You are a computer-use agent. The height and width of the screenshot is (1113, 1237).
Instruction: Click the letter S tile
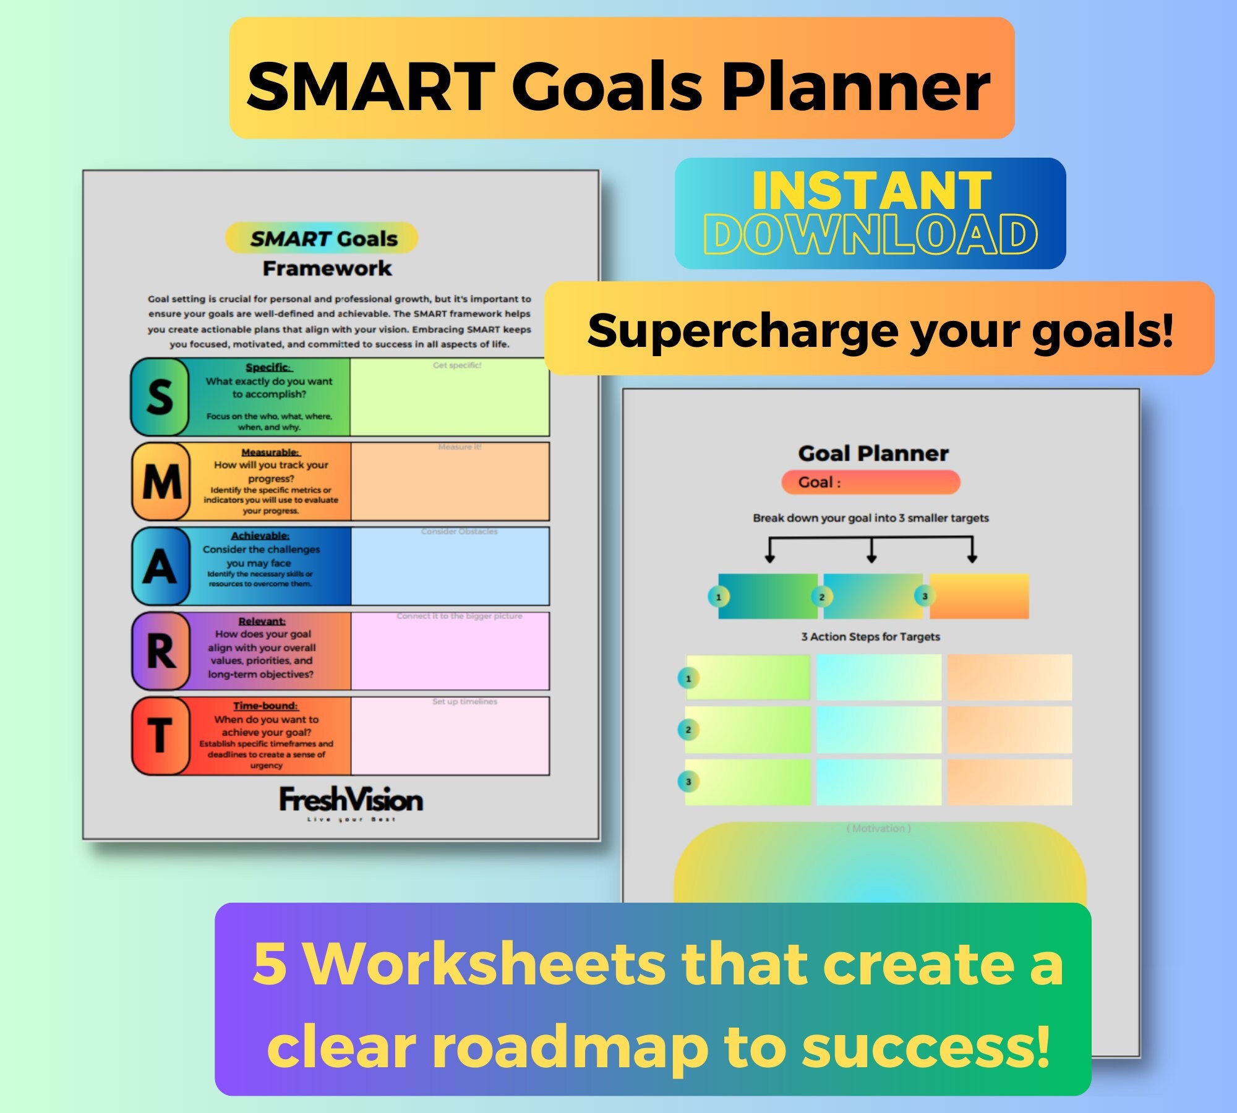tap(160, 397)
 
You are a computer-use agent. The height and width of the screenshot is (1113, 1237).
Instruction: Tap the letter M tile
tap(161, 482)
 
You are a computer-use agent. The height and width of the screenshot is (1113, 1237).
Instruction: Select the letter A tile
tap(160, 566)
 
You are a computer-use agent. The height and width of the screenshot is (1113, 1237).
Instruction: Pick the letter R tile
tap(161, 651)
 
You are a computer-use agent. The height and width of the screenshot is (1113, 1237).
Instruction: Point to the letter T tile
tap(160, 736)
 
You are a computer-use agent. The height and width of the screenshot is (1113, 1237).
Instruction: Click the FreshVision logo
tap(351, 801)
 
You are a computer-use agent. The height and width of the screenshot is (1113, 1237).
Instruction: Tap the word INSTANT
tap(871, 190)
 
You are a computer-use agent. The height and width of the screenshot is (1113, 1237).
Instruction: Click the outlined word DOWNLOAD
tap(870, 234)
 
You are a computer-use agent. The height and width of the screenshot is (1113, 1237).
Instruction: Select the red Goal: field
tap(870, 482)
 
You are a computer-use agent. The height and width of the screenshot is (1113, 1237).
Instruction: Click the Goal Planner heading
tap(873, 453)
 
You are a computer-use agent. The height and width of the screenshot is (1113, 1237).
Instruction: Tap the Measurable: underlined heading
tap(270, 452)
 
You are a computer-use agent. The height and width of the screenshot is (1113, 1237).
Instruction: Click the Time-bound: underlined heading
tap(265, 706)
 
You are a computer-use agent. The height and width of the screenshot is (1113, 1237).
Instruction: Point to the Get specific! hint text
tap(457, 365)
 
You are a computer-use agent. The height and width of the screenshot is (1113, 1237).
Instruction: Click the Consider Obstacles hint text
tap(459, 531)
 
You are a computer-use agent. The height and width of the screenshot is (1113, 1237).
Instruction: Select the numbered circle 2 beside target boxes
tap(821, 597)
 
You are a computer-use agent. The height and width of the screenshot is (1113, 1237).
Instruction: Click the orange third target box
tap(979, 596)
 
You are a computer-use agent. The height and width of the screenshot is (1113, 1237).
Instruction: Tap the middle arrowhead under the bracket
tap(871, 558)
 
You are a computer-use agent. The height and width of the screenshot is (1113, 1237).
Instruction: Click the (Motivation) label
tap(878, 828)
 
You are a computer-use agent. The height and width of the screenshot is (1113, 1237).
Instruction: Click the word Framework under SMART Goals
tap(327, 268)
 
